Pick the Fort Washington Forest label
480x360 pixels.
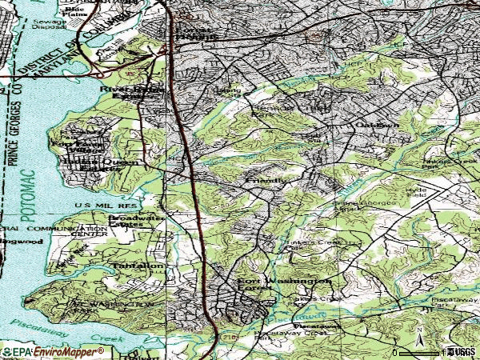tap(284, 286)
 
